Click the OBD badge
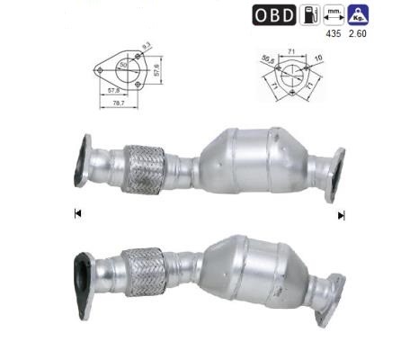[273, 15]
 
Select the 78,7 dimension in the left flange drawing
[119, 104]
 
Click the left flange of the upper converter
[83, 161]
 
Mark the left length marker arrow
[78, 214]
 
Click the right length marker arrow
[341, 215]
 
